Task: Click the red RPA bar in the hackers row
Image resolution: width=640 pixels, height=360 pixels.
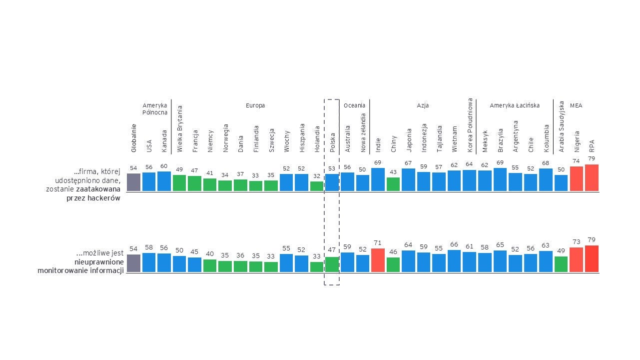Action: tap(592, 177)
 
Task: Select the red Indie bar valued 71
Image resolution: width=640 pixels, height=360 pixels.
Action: tap(378, 260)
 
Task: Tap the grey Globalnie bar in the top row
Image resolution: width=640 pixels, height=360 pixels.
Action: tap(133, 182)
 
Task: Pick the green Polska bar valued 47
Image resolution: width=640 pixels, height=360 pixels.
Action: tap(332, 264)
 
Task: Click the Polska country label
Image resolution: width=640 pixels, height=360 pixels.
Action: tap(333, 142)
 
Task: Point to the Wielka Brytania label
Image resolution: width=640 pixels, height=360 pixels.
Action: tap(180, 128)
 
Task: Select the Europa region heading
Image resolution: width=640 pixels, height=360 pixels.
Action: tap(255, 105)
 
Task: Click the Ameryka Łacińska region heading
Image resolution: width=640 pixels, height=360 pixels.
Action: tap(515, 105)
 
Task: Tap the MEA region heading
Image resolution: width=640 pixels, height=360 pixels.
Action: tap(576, 105)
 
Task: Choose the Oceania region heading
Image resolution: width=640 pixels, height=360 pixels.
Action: tap(355, 105)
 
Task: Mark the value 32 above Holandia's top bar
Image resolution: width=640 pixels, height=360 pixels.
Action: tap(317, 176)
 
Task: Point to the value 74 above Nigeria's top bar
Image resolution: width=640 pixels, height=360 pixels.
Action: tap(576, 161)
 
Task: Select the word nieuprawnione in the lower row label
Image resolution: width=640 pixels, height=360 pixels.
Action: tap(99, 262)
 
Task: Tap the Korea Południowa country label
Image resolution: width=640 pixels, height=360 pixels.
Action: tap(470, 124)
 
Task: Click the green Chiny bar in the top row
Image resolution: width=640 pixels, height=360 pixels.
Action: tap(393, 184)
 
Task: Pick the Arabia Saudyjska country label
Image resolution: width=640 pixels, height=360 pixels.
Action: tap(561, 126)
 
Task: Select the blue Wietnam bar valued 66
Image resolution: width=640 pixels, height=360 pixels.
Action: tap(454, 261)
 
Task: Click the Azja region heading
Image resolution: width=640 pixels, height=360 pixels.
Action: tap(423, 105)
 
